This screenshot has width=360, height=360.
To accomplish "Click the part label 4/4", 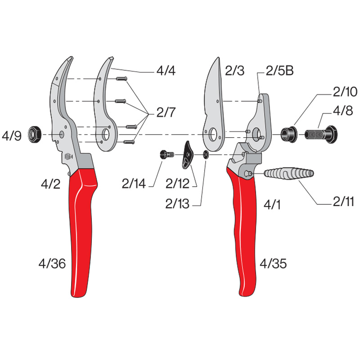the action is coord(166,71).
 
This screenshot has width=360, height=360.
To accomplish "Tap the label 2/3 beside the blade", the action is coord(234,71).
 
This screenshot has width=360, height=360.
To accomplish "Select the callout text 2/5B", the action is coord(279,71).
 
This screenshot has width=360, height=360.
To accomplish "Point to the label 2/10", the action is coord(345,92).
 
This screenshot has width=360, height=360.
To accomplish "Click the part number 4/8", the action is coord(343,111).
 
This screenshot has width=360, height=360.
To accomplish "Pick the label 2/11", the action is coord(343,201).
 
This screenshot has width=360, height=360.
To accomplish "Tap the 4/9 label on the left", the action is coord(12,136).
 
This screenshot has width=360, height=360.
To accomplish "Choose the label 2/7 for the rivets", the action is coord(166,112).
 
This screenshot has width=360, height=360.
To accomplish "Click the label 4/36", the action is coord(52,263).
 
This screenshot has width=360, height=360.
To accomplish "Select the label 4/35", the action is coord(273,263).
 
